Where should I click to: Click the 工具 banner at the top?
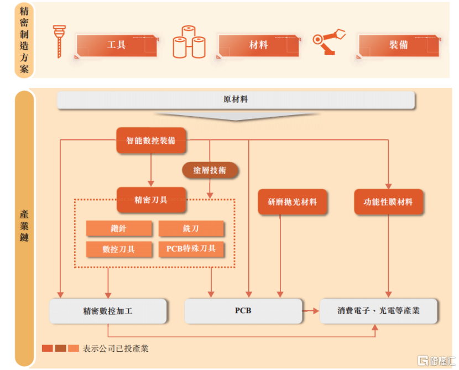(117, 45)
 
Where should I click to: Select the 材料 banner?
(258, 45)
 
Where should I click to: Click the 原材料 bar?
(236, 100)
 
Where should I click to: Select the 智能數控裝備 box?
(150, 140)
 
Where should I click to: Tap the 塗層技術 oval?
(210, 170)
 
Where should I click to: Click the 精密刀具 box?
(150, 200)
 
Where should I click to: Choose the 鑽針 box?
(111, 228)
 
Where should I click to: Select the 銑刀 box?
(191, 228)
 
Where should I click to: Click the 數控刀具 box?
(118, 249)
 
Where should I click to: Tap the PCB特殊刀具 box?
(191, 249)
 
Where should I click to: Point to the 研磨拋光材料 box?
(292, 202)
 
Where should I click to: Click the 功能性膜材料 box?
(388, 202)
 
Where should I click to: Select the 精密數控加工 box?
(108, 311)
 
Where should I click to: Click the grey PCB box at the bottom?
(243, 311)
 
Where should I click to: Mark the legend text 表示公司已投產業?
(116, 349)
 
